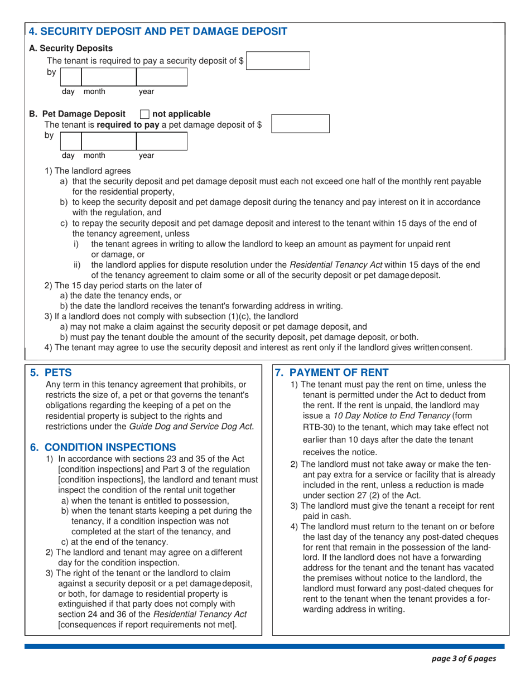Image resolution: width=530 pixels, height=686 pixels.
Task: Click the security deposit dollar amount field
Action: point(278,60)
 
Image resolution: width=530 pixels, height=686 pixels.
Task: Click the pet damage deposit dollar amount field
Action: point(300,123)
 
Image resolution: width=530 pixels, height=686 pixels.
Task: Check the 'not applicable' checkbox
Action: point(144,114)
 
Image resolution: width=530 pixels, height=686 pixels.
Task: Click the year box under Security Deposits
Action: point(162,76)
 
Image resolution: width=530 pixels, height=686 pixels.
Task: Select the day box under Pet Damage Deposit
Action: point(71,141)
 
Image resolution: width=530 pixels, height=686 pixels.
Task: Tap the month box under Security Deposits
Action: point(109,76)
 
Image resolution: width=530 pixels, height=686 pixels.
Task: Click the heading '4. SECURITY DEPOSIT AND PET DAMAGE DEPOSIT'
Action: point(158,31)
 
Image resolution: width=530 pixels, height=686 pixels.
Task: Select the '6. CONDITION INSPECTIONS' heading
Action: point(103,447)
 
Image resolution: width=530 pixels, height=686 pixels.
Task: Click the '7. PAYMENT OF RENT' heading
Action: point(335,371)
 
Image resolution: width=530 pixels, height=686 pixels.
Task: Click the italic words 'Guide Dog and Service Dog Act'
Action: point(191,427)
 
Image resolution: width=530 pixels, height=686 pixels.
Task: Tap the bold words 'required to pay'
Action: point(128,125)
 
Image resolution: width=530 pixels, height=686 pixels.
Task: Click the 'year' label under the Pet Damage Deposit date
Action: point(147,156)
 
